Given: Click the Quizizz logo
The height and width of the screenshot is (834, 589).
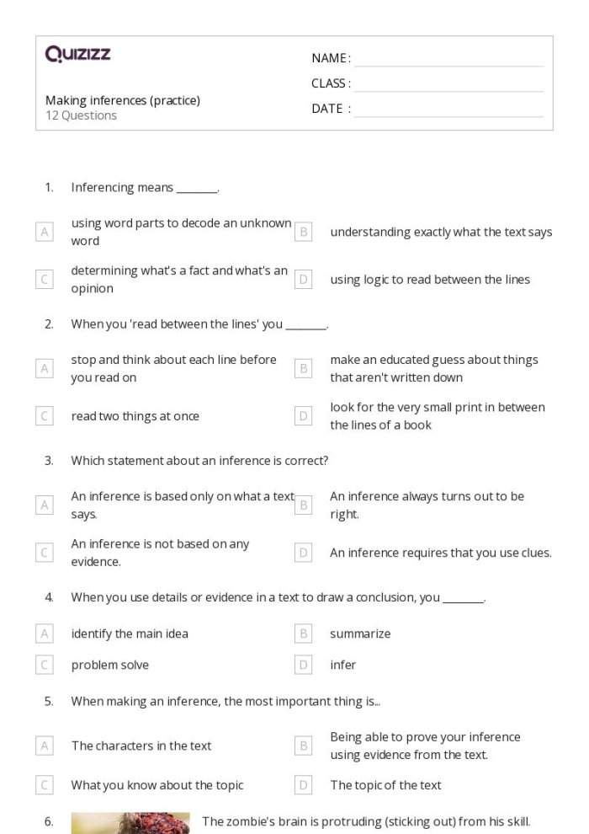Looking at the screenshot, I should click(77, 56).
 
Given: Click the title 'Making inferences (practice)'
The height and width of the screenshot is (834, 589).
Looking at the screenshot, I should click(123, 100).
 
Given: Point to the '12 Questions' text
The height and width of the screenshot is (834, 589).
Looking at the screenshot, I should click(81, 115).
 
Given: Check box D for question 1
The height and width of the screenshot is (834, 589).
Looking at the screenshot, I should click(304, 280).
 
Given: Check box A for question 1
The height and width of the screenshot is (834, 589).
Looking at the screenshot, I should click(45, 233).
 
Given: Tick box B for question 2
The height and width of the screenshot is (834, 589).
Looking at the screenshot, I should click(304, 368).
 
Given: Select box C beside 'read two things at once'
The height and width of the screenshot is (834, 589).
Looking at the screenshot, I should click(45, 415).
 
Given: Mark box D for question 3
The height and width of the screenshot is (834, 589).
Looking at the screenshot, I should click(304, 553).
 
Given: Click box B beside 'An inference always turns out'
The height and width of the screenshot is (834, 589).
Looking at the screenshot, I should click(304, 505).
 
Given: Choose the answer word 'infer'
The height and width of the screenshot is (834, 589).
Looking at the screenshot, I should click(342, 665).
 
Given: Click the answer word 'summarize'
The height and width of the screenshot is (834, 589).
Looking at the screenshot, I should click(360, 634).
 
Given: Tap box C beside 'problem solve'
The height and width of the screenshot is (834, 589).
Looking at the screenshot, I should click(45, 665).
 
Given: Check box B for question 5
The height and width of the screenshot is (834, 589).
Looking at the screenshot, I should click(304, 746).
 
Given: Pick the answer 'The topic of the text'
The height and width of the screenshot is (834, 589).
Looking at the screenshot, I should click(385, 785).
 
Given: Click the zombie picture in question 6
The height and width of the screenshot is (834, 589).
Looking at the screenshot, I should click(130, 822).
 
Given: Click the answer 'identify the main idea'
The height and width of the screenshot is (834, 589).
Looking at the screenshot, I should click(130, 634).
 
